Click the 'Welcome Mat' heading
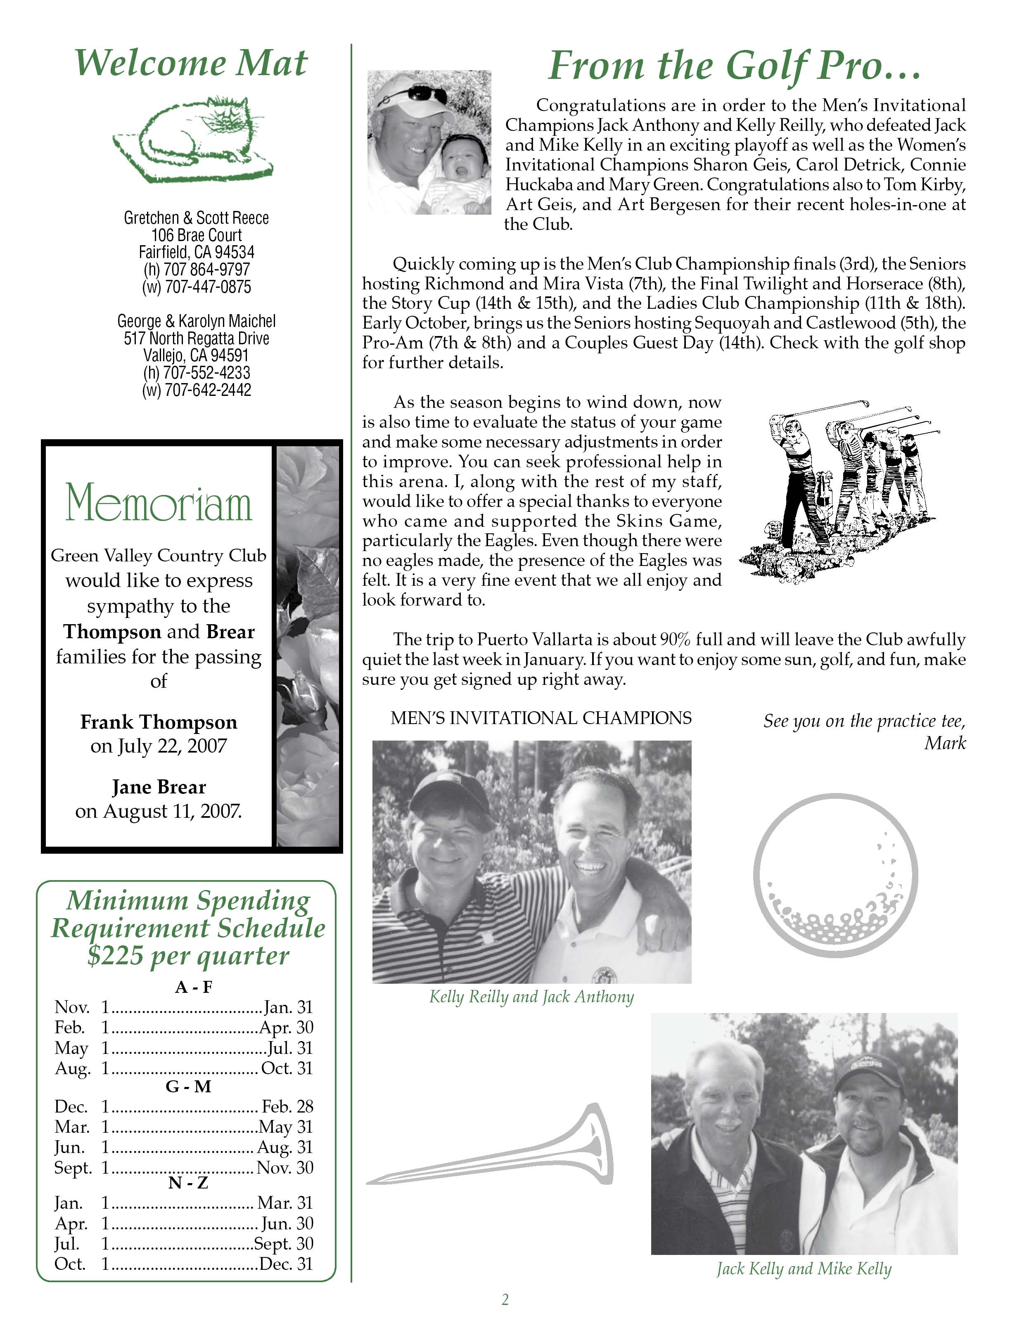(x=191, y=63)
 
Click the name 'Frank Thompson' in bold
(x=159, y=722)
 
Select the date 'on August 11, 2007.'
(x=159, y=811)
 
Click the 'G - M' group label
(x=188, y=1086)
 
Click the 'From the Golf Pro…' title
(x=735, y=66)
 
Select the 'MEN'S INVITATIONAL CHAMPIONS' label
(x=541, y=718)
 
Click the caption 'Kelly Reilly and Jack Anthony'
(x=531, y=997)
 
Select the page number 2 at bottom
(x=505, y=1300)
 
